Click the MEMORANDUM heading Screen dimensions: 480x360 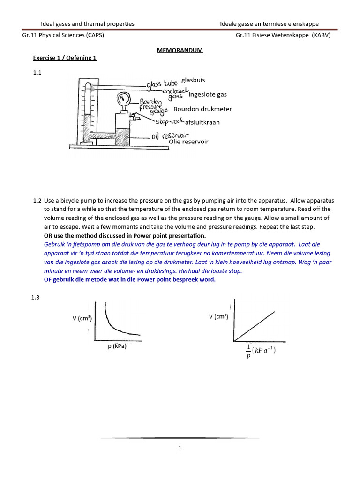[180, 50]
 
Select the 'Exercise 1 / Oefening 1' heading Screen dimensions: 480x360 [64, 58]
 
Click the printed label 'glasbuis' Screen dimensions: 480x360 [193, 80]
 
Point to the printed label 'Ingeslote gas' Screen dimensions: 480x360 [207, 94]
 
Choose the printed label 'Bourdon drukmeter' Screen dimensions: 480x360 [202, 109]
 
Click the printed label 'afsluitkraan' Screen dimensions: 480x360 [202, 122]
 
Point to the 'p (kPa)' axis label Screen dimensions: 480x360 [117, 347]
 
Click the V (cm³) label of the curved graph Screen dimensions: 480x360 [82, 319]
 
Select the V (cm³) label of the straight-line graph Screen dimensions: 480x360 [218, 317]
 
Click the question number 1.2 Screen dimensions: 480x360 [37, 201]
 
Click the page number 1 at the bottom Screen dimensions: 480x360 [180, 448]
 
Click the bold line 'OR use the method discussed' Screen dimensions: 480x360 [125, 235]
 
